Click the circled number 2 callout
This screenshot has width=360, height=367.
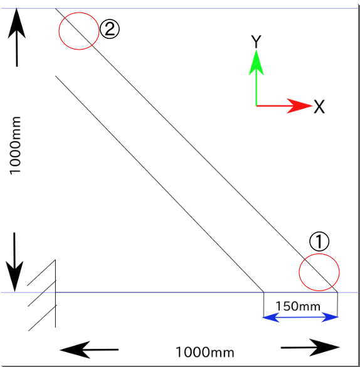[x=110, y=29]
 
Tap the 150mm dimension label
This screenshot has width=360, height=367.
[x=298, y=306]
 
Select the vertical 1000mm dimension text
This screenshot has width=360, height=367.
[x=15, y=146]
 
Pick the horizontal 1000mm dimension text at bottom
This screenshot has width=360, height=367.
[x=204, y=352]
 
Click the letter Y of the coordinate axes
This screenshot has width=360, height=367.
[x=256, y=41]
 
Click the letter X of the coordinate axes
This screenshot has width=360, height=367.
[x=319, y=107]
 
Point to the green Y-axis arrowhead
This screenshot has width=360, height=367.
[x=256, y=62]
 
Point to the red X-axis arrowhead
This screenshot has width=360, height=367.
[x=300, y=106]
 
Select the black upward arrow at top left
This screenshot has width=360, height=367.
[x=16, y=38]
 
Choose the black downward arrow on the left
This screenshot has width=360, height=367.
[x=14, y=262]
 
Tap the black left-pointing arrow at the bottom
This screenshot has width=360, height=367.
[x=89, y=349]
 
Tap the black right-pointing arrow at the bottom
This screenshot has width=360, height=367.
[x=310, y=348]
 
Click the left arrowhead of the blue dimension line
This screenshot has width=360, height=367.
[x=271, y=317]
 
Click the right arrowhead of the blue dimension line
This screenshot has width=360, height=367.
[x=330, y=317]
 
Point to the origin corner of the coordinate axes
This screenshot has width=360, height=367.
[x=257, y=106]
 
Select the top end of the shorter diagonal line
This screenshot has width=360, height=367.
[x=55, y=76]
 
